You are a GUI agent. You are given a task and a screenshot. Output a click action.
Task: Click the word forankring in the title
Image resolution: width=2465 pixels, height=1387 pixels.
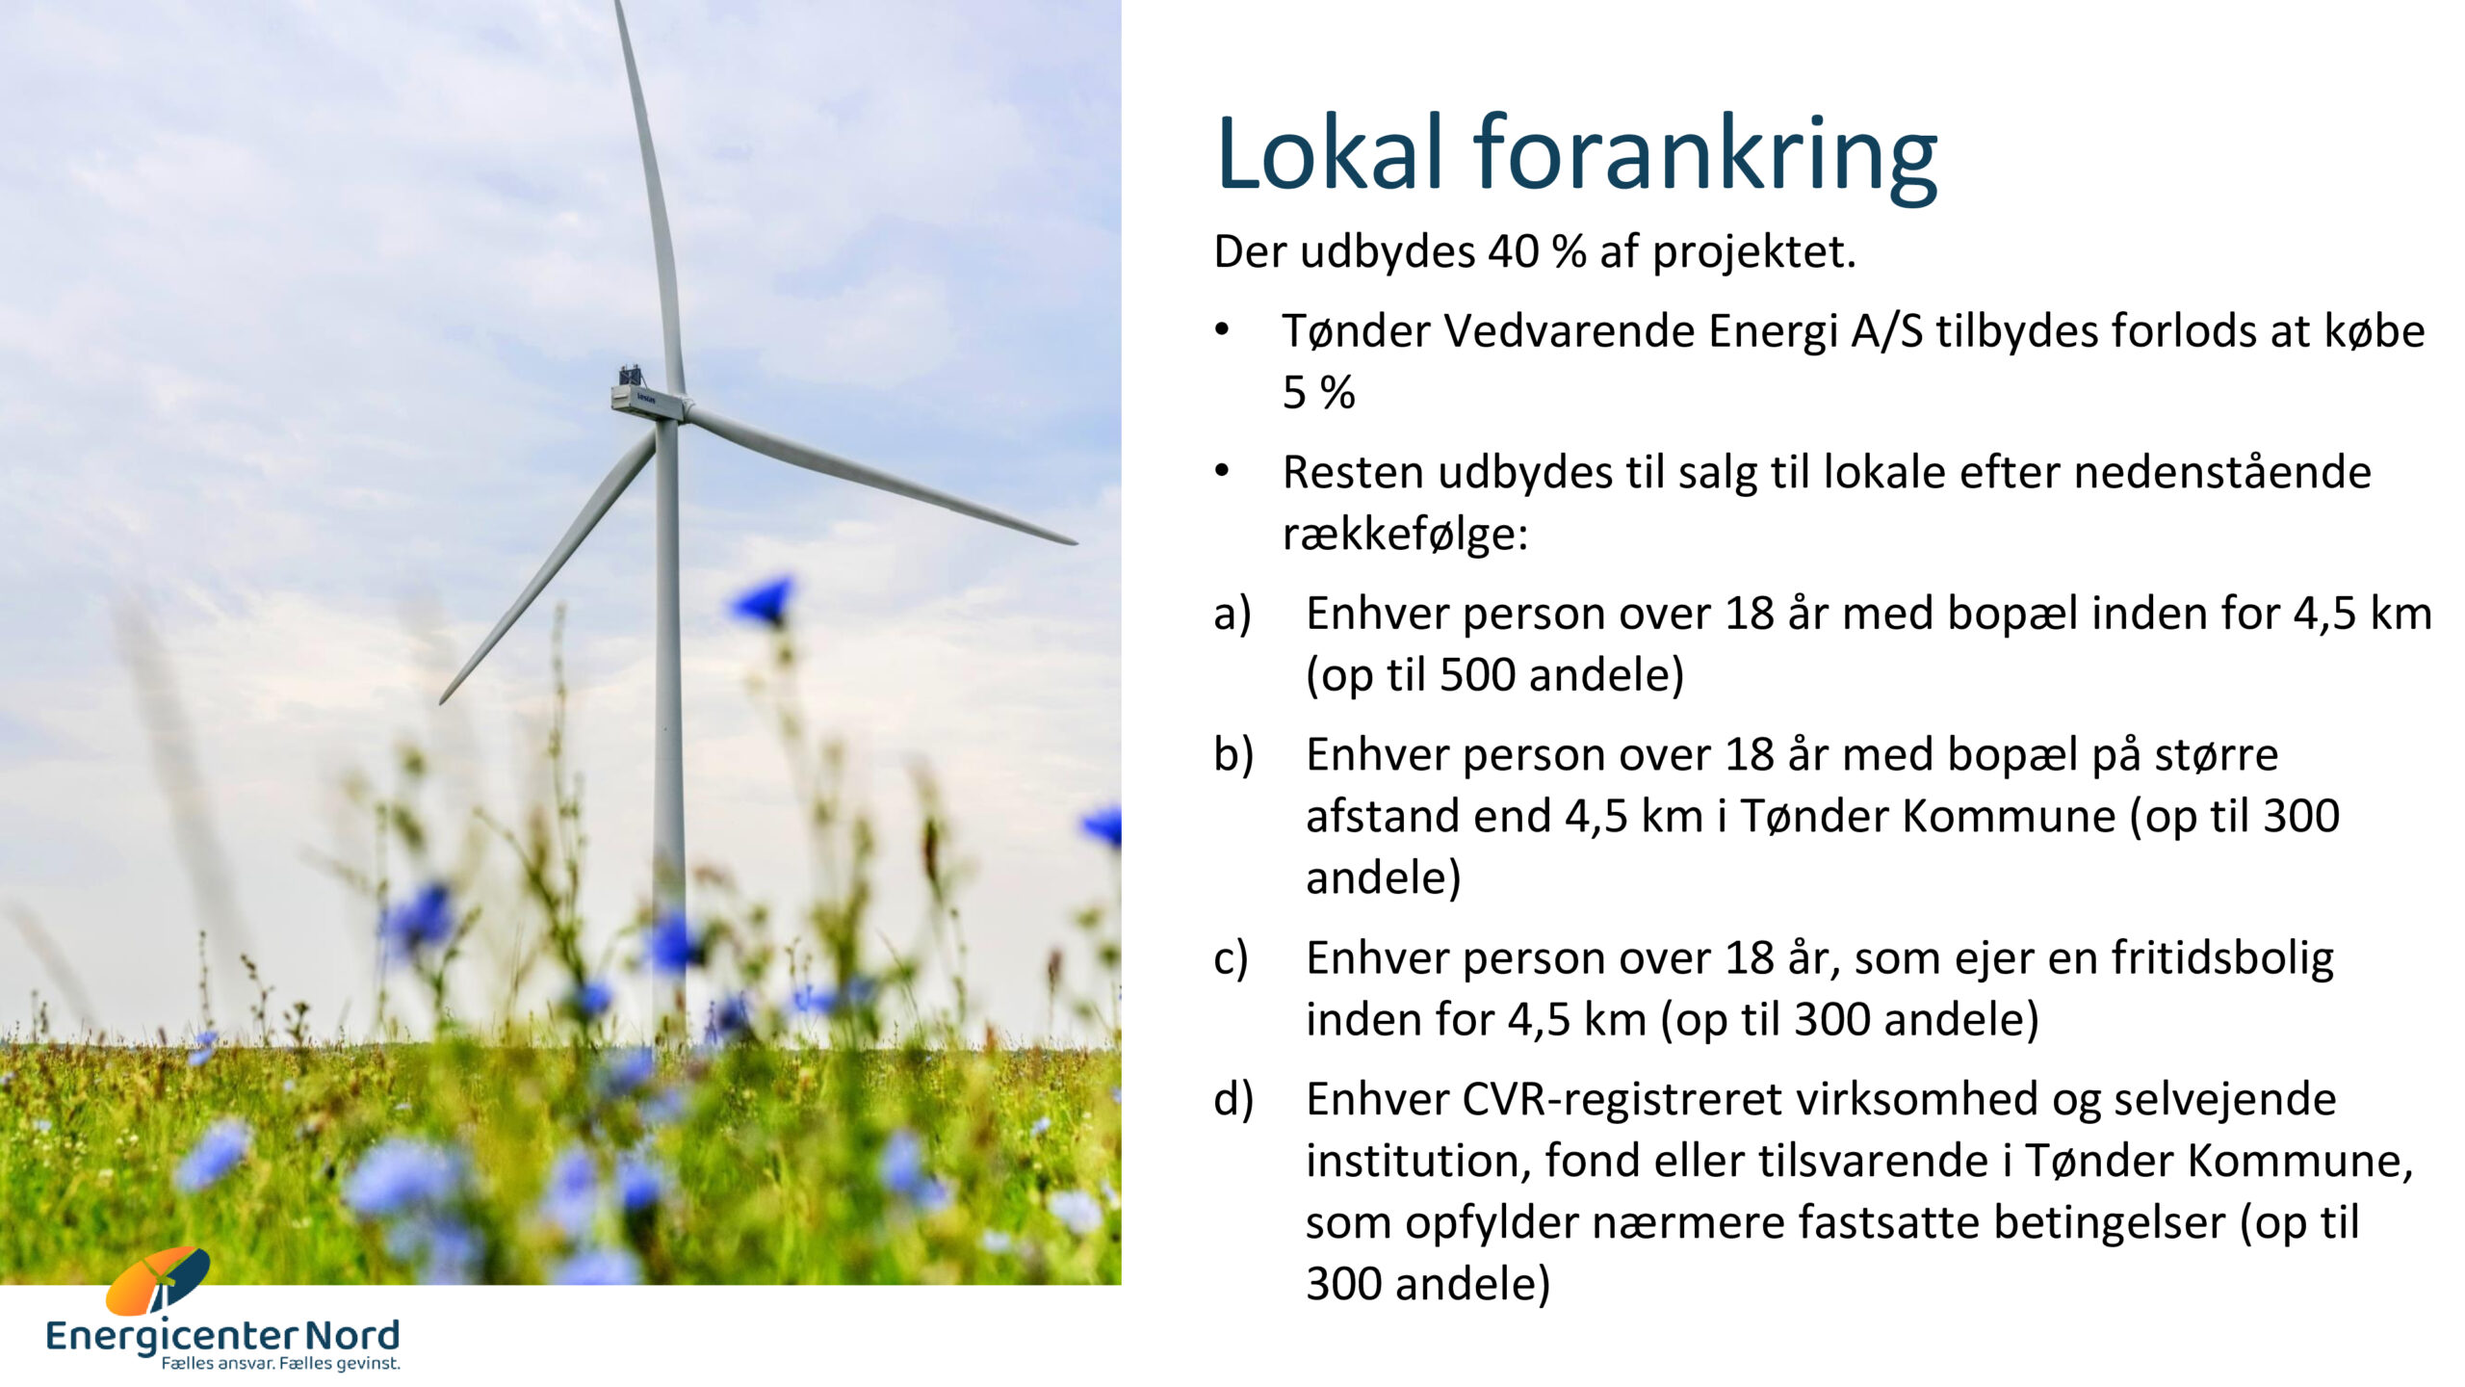(1705, 158)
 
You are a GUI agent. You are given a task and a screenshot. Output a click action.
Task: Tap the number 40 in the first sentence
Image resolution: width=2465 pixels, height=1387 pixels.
(1514, 252)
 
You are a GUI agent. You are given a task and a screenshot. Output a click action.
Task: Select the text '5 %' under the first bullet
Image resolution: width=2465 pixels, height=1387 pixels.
(1318, 393)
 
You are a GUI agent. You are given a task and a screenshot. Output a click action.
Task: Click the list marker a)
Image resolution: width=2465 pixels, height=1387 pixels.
(1232, 615)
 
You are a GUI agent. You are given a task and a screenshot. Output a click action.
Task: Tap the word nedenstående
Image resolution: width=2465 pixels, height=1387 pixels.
(2222, 472)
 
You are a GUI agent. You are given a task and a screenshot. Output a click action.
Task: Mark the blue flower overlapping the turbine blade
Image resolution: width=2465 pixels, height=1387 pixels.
(764, 601)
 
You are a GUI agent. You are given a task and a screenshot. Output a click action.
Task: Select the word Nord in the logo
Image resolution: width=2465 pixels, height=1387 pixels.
(351, 1336)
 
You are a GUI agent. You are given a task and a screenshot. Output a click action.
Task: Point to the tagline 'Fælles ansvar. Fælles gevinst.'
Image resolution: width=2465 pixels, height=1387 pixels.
(280, 1364)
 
